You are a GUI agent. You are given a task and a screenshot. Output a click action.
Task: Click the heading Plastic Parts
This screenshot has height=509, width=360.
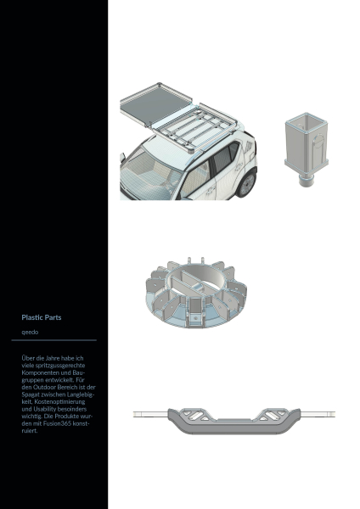pyautogui.click(x=42, y=317)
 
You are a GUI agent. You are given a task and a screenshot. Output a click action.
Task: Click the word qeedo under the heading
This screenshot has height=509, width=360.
pyautogui.click(x=30, y=332)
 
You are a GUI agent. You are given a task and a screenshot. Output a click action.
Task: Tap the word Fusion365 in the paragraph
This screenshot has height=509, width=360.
pyautogui.click(x=59, y=423)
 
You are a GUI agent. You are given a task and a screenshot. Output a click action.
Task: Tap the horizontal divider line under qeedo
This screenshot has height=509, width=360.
pyautogui.click(x=54, y=340)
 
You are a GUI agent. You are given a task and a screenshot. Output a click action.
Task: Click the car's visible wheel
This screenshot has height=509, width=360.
pyautogui.click(x=246, y=185)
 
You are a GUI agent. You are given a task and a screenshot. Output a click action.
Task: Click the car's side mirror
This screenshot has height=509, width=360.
pyautogui.click(x=122, y=158)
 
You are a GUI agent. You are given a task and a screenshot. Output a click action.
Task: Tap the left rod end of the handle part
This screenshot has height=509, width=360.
pyautogui.click(x=150, y=414)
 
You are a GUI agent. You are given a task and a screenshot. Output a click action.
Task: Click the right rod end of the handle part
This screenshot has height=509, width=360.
pyautogui.click(x=318, y=414)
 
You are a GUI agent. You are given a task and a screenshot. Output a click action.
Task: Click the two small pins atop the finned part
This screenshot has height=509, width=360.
pyautogui.click(x=195, y=260)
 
